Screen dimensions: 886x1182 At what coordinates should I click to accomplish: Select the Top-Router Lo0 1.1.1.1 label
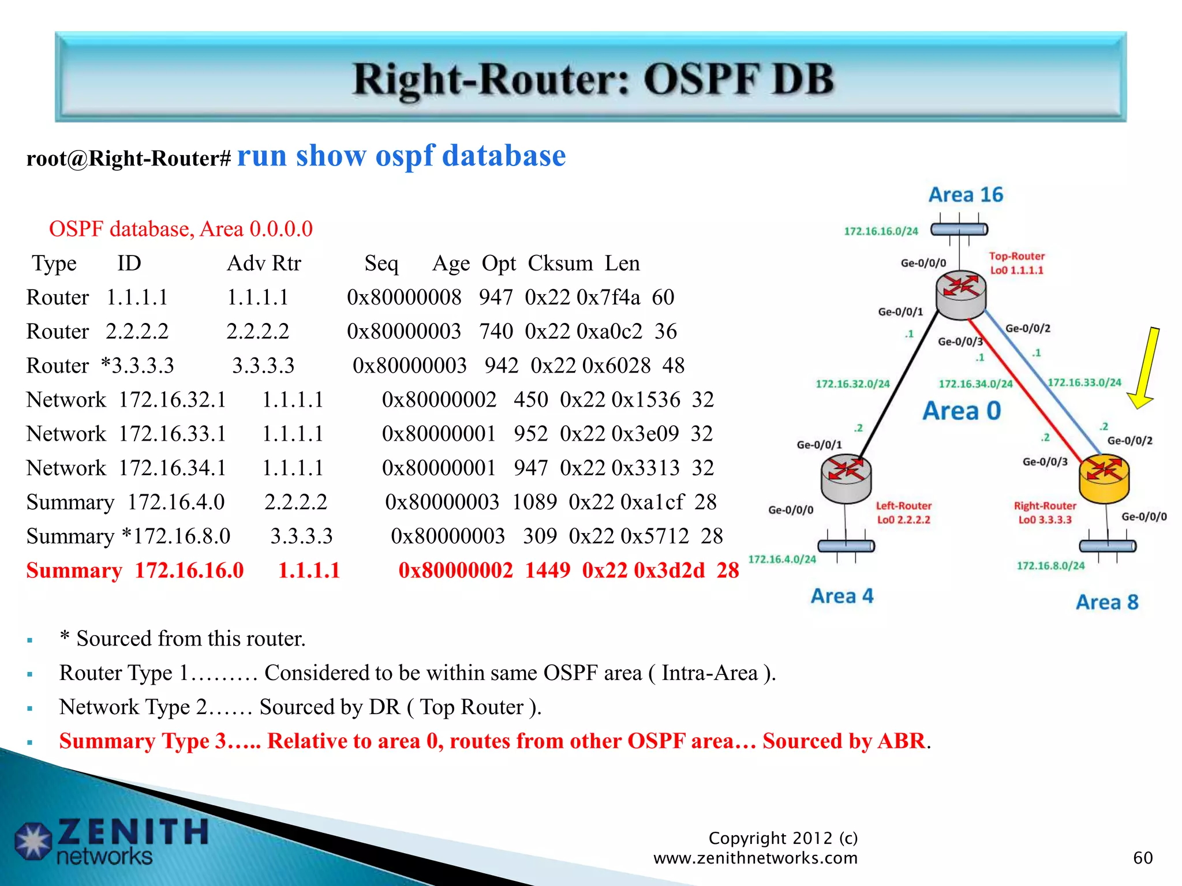point(1017,263)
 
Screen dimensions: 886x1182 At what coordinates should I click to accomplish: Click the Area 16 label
point(966,195)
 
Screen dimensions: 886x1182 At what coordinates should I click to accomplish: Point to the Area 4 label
point(842,596)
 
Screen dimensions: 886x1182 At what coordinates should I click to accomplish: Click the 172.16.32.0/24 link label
point(852,384)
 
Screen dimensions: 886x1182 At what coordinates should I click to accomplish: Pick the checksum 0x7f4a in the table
point(608,298)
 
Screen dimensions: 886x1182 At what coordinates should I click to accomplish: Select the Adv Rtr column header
point(264,264)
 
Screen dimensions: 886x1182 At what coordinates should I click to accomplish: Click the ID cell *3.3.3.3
point(137,366)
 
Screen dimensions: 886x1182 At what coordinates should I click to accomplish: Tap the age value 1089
point(534,502)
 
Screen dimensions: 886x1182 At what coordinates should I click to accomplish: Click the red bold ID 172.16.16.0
point(189,570)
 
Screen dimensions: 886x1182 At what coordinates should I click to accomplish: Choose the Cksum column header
point(560,264)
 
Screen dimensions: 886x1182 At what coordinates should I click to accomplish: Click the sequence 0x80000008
point(404,298)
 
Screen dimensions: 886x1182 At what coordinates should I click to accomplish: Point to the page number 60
point(1143,858)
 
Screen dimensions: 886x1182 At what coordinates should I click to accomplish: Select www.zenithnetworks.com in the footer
point(755,858)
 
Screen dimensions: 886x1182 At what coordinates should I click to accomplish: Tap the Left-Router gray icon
point(846,478)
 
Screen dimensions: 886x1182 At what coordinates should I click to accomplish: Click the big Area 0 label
point(962,411)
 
